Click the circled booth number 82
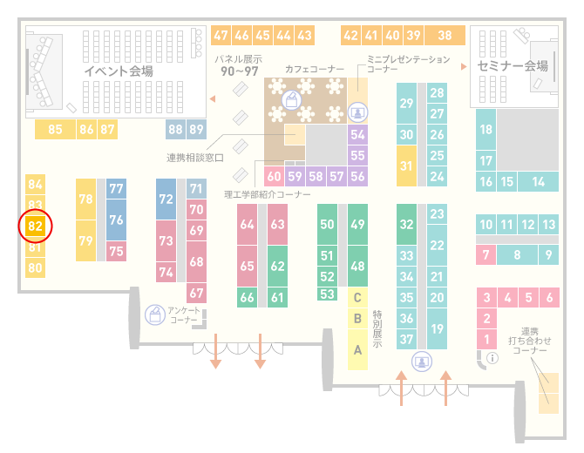click(36, 226)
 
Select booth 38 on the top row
click(445, 36)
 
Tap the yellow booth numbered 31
click(406, 166)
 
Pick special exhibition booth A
click(357, 350)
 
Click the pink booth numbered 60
click(274, 176)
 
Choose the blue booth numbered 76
click(116, 220)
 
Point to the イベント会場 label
click(119, 71)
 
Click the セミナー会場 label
click(513, 66)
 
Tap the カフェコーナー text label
click(315, 69)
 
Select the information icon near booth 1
click(492, 358)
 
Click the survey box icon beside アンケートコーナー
click(155, 314)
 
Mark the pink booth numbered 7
click(486, 255)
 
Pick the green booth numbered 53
click(327, 294)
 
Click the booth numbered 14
click(538, 182)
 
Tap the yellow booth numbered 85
click(55, 129)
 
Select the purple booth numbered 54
click(357, 134)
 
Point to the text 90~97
click(240, 71)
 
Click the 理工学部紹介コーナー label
click(268, 194)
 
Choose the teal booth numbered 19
click(437, 328)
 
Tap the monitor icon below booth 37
click(422, 362)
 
